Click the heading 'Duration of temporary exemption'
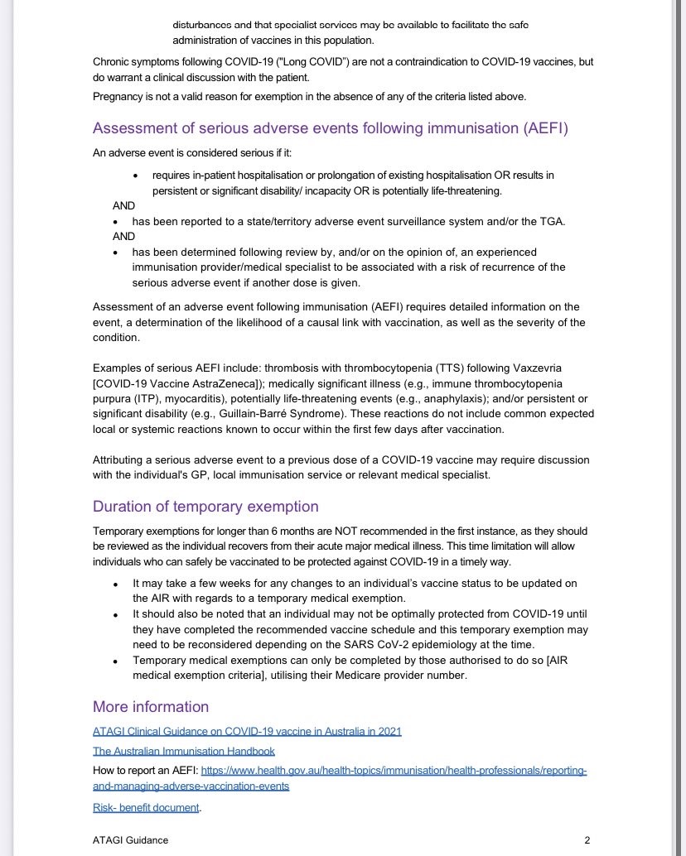(205, 507)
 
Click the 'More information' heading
(151, 706)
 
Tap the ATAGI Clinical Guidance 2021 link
(247, 731)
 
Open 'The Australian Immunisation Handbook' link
(183, 751)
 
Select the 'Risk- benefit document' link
(146, 807)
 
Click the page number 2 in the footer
(587, 840)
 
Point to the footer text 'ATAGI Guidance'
(130, 840)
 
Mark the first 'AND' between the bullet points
(123, 205)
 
